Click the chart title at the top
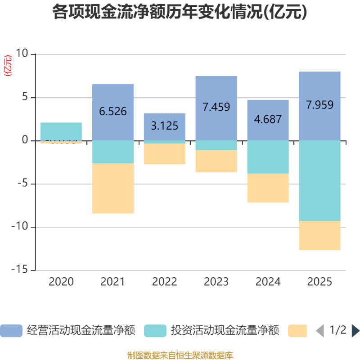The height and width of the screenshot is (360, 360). pyautogui.click(x=180, y=12)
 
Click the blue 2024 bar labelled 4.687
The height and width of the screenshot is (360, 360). pyautogui.click(x=268, y=120)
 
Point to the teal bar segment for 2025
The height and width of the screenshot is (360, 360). pyautogui.click(x=320, y=180)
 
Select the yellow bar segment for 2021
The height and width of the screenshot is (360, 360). pyautogui.click(x=113, y=189)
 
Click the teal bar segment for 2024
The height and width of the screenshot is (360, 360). pyautogui.click(x=268, y=157)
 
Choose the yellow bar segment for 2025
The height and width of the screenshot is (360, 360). pyautogui.click(x=320, y=235)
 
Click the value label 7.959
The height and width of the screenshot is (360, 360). pyautogui.click(x=320, y=105)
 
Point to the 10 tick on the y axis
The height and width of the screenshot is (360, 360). pyautogui.click(x=22, y=54)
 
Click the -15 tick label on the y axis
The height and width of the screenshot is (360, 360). pyautogui.click(x=19, y=270)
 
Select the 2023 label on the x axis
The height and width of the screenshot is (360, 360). pyautogui.click(x=216, y=282)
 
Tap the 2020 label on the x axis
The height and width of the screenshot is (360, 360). pyautogui.click(x=61, y=282)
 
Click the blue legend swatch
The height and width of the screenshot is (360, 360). pyautogui.click(x=11, y=331)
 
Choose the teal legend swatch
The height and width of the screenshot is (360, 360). pyautogui.click(x=155, y=331)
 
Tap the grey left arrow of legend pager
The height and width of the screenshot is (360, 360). pyautogui.click(x=320, y=331)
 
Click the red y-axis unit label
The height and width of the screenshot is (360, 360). pyautogui.click(x=8, y=66)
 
